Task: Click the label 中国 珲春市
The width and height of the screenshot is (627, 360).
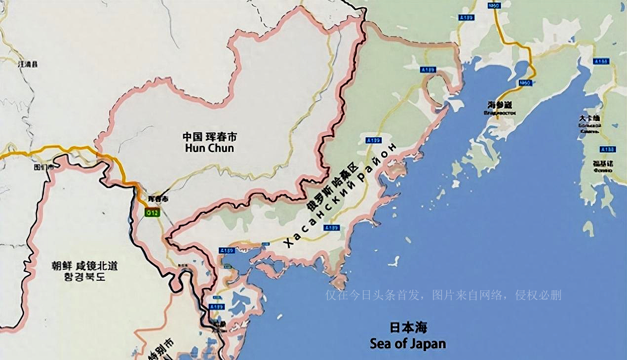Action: [209, 136]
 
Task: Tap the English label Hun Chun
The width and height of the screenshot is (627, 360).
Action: [209, 148]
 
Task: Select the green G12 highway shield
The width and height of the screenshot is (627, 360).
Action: [153, 212]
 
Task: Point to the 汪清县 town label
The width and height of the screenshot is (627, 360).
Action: [28, 64]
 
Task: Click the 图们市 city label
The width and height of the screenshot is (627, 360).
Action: [43, 167]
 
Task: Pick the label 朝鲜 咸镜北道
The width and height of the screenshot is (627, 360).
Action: [84, 266]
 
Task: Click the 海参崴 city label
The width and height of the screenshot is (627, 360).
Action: [500, 105]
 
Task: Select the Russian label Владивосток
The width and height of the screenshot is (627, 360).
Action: [500, 113]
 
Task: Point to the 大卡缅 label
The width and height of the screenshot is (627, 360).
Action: [589, 119]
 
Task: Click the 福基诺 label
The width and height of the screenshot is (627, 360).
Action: [603, 163]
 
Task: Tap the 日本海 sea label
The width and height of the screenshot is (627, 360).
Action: [408, 327]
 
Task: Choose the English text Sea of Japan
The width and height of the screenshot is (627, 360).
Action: [408, 343]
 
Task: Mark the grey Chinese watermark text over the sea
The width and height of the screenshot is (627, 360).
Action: [443, 295]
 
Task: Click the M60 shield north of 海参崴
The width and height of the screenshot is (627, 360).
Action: [525, 83]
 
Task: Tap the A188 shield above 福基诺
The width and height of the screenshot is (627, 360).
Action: [607, 149]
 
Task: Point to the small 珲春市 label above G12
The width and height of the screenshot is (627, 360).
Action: [158, 199]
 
